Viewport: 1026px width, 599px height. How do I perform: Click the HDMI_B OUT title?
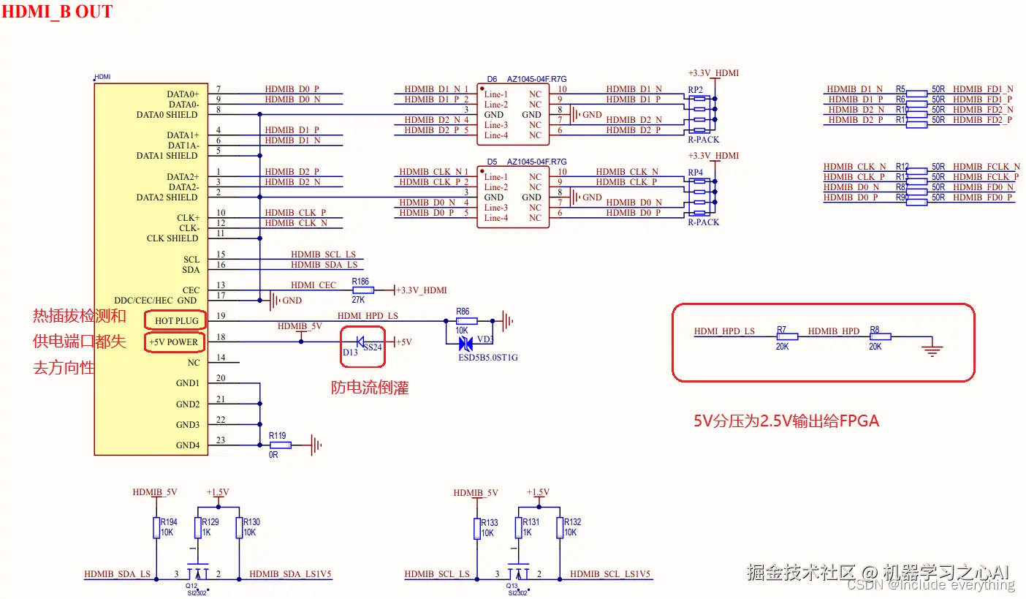pos(57,12)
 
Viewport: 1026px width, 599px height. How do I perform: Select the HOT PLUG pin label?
pos(176,321)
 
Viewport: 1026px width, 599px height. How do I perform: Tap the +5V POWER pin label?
pos(174,342)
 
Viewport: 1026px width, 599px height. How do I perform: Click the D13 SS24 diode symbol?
pos(361,342)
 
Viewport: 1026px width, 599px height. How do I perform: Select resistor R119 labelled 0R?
pos(280,445)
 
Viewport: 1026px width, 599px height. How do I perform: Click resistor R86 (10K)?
pos(466,321)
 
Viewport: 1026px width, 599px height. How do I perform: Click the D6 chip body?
pos(513,115)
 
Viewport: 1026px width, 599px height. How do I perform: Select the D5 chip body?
pos(513,197)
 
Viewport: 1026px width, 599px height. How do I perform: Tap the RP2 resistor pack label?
pos(695,89)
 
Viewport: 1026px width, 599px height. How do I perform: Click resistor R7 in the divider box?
pos(786,336)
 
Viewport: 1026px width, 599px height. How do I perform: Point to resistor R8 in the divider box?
pos(880,336)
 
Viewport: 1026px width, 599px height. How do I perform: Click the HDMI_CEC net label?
pos(313,285)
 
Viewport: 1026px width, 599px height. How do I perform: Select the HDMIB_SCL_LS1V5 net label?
pos(610,574)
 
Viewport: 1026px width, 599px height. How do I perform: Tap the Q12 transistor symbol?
pos(197,573)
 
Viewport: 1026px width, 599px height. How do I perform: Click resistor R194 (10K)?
pos(156,528)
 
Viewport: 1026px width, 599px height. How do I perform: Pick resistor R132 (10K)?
pos(560,528)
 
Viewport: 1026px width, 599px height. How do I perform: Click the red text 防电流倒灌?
pos(370,388)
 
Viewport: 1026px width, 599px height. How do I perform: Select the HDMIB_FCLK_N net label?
pos(987,167)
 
